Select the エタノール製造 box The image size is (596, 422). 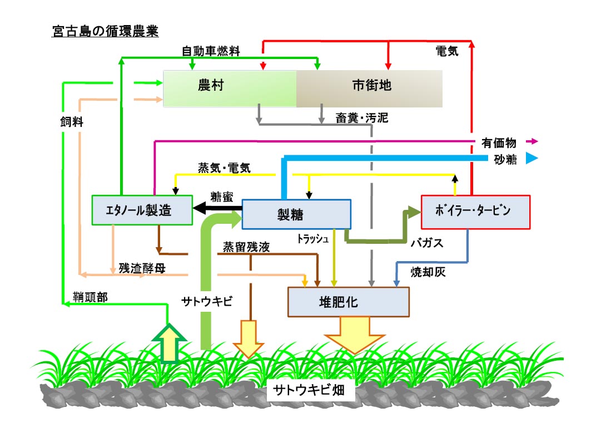click(142, 210)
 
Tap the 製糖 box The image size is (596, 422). click(296, 214)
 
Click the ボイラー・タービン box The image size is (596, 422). click(475, 212)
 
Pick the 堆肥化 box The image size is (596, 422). click(348, 302)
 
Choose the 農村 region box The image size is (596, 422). click(229, 89)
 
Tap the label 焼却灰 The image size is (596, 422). click(428, 272)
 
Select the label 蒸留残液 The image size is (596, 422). click(246, 247)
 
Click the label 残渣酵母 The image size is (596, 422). click(142, 268)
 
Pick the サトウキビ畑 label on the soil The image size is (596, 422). click(306, 391)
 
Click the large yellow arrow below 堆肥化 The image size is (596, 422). click(354, 335)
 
